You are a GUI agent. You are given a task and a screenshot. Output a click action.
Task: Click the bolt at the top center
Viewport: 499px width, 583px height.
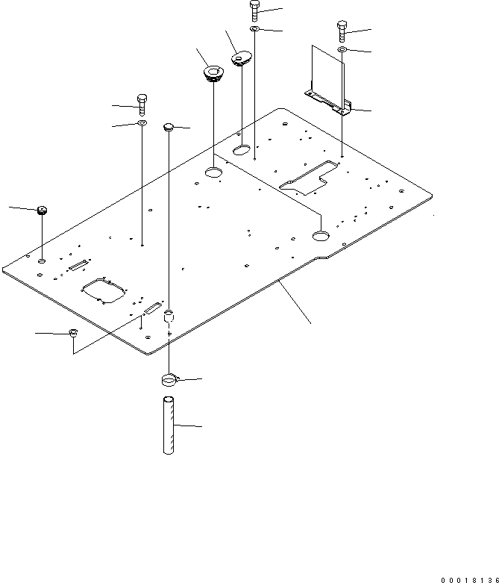click(254, 10)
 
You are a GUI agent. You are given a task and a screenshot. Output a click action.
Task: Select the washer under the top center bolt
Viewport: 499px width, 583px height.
click(254, 29)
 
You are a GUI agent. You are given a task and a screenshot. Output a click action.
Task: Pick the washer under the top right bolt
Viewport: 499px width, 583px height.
click(342, 49)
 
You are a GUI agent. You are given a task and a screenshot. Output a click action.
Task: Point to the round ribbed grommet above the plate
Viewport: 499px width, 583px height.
click(213, 73)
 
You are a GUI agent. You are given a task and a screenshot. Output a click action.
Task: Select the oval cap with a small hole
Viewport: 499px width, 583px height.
click(241, 57)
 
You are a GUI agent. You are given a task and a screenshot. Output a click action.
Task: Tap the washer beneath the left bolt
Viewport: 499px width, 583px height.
click(142, 122)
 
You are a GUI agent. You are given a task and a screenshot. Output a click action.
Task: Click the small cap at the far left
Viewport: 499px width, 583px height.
click(42, 209)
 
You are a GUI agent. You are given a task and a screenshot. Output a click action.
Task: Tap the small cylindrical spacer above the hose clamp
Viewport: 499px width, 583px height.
click(169, 317)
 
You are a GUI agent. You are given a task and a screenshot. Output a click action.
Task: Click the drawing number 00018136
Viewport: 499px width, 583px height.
click(468, 578)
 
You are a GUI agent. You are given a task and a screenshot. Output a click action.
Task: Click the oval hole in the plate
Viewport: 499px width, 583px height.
click(242, 151)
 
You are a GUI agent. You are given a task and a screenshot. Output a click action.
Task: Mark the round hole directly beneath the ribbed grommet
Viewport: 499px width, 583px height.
click(214, 173)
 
